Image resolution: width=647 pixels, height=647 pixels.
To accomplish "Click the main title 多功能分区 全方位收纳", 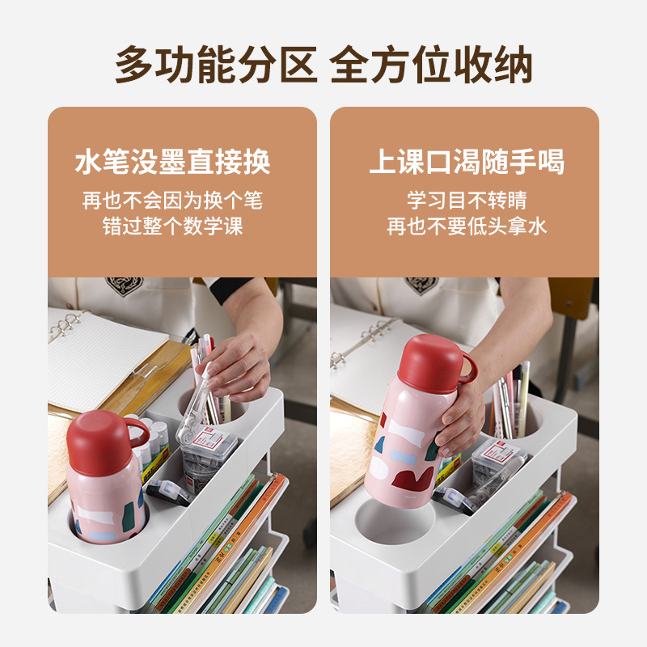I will click(323, 65).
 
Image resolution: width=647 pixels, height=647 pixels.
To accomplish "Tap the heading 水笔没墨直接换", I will click(172, 163).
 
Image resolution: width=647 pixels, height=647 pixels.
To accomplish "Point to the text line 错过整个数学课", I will click(172, 226).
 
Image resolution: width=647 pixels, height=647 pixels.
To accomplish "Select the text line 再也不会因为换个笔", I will click(172, 201).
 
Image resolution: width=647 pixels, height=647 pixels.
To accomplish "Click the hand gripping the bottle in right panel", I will click(461, 421).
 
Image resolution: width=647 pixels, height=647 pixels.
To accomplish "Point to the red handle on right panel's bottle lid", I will click(469, 369).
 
